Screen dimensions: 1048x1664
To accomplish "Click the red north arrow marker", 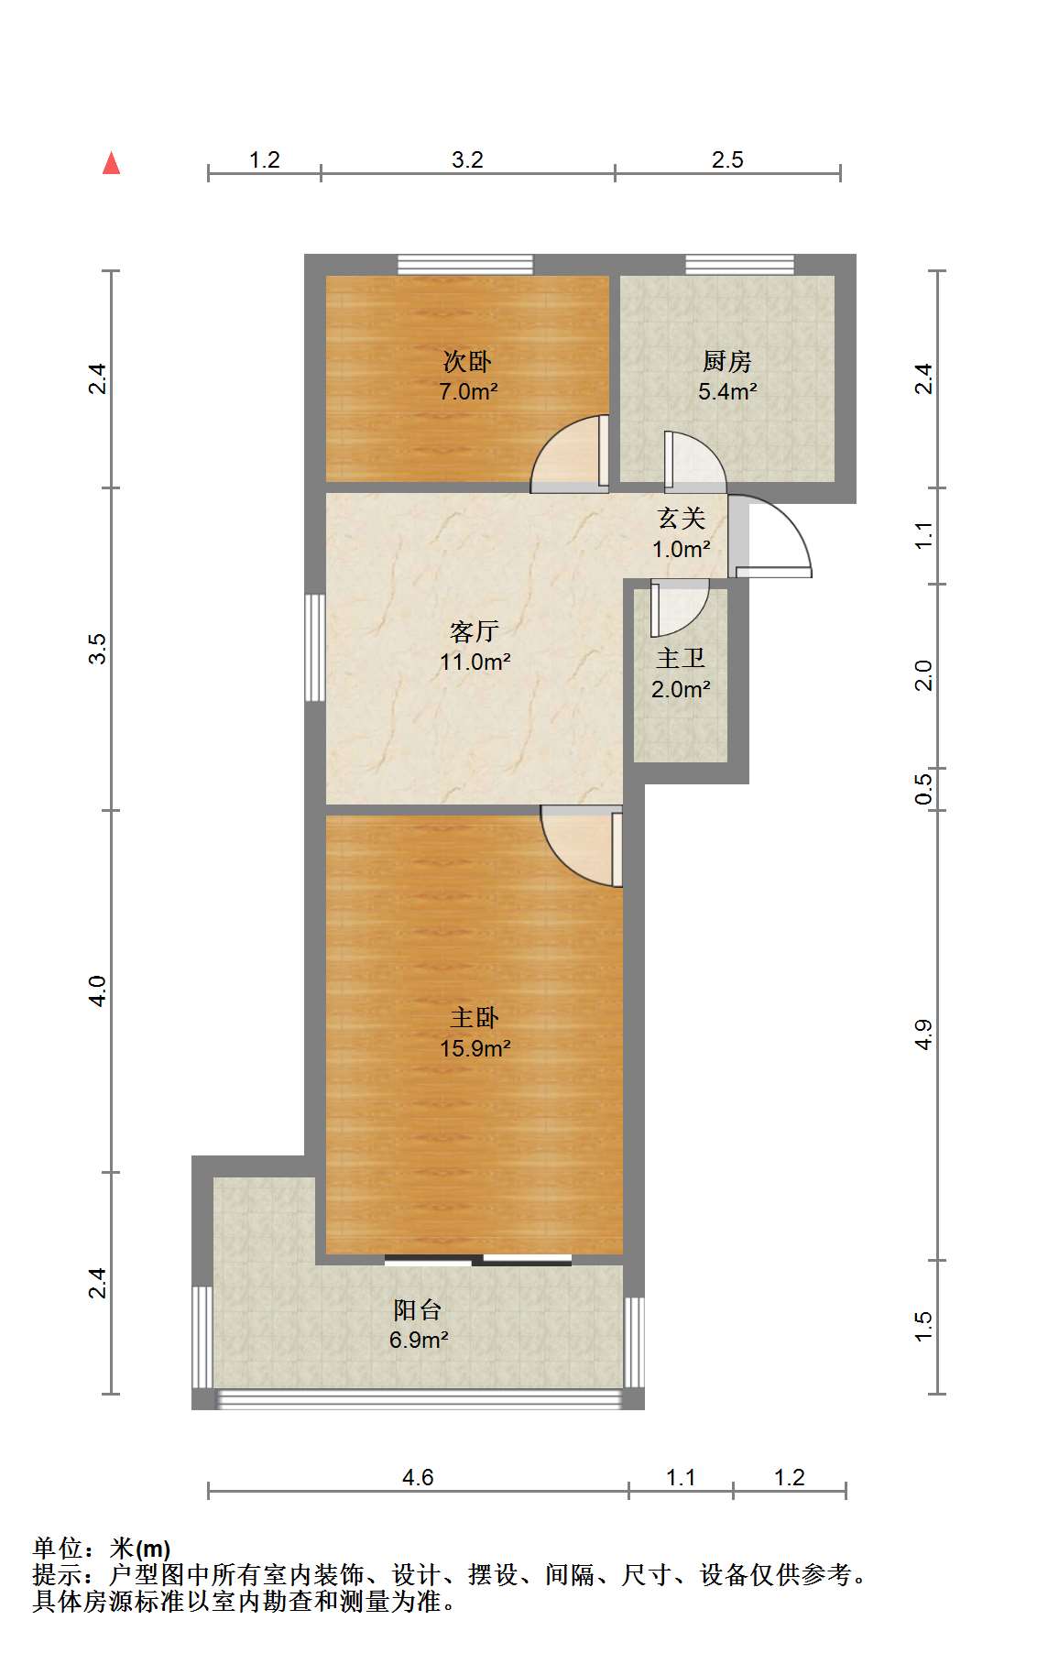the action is (112, 163).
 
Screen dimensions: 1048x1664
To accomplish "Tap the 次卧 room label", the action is (467, 361).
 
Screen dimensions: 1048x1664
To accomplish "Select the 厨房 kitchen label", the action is (727, 361).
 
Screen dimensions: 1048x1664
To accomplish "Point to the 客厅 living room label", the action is (475, 631).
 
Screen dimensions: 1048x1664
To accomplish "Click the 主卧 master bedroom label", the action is (475, 1018).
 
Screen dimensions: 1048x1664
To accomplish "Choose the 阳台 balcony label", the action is (418, 1310).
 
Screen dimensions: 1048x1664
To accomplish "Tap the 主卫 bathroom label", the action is (681, 659).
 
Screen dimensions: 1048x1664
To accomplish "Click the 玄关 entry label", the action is (682, 519).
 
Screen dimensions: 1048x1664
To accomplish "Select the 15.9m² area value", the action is (475, 1048).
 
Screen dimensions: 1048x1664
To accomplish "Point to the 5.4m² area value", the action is (727, 391).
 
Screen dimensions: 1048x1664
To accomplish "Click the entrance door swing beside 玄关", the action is (770, 537).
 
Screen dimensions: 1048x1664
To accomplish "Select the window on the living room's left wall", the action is (315, 648).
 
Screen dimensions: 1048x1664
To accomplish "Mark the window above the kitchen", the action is (740, 264).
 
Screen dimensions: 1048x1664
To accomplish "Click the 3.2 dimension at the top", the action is (467, 159).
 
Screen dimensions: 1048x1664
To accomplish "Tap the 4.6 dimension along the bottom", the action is (418, 1477).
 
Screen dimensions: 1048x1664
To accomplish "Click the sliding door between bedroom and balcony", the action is (478, 1260).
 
